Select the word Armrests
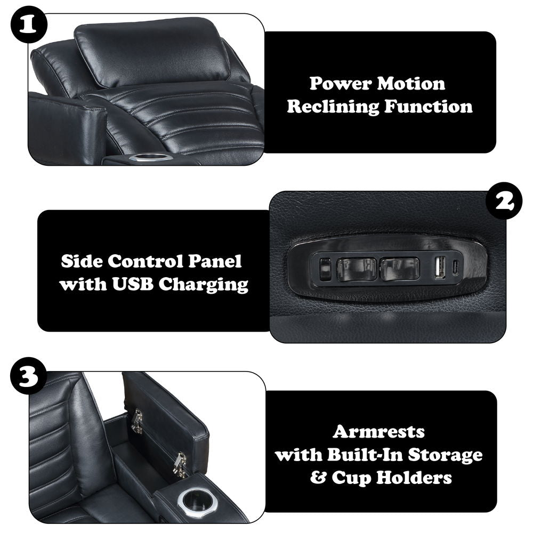pos(378,432)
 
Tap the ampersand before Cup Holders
pos(319,478)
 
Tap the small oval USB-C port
pos(456,269)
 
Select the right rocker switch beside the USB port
pos(400,269)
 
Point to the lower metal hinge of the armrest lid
pos(179,464)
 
